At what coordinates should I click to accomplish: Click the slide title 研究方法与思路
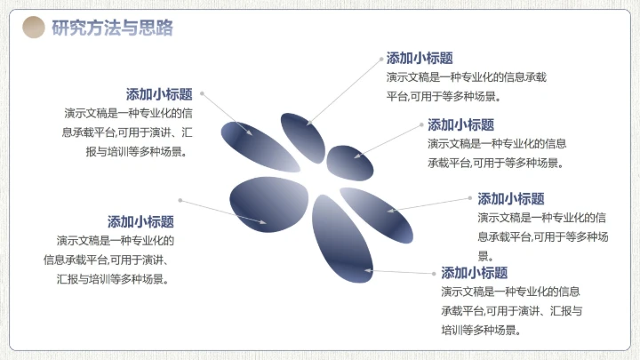pyautogui.click(x=112, y=28)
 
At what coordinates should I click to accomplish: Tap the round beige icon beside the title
pyautogui.click(x=33, y=28)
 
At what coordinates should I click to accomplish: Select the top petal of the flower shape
pyautogui.click(x=303, y=137)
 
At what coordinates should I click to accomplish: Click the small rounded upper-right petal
pyautogui.click(x=353, y=160)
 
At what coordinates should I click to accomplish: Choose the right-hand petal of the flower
pyautogui.click(x=378, y=213)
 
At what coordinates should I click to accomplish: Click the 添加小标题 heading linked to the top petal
pyautogui.click(x=420, y=58)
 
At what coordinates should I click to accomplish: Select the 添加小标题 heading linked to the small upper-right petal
pyautogui.click(x=460, y=125)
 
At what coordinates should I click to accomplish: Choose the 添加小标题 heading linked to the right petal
pyautogui.click(x=510, y=199)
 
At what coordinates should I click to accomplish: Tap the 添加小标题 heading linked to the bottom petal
pyautogui.click(x=474, y=273)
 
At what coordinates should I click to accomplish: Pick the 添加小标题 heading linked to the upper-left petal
pyautogui.click(x=159, y=94)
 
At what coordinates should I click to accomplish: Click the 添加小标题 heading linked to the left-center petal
pyautogui.click(x=140, y=222)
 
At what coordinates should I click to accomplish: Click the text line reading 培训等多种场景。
pyautogui.click(x=481, y=330)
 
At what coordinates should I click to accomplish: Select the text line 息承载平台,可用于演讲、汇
pyautogui.click(x=127, y=132)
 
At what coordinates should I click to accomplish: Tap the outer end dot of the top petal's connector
pyautogui.click(x=380, y=57)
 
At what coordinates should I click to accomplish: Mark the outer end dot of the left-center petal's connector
pyautogui.click(x=180, y=200)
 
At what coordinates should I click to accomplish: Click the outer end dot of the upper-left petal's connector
pyautogui.click(x=203, y=92)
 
